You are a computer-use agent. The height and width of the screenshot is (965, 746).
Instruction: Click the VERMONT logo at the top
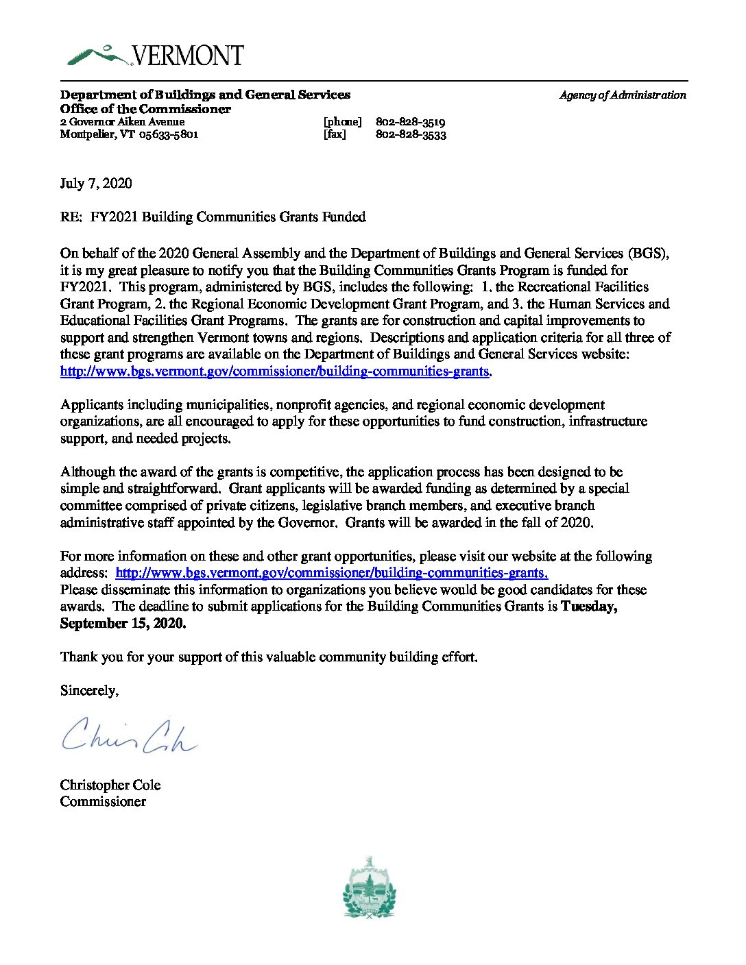pyautogui.click(x=156, y=56)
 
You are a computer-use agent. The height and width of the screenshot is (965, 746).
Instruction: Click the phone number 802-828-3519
pyautogui.click(x=411, y=122)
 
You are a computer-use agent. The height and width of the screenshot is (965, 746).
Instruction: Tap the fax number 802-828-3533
pyautogui.click(x=411, y=134)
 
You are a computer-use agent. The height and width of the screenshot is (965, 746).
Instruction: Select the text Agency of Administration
pyautogui.click(x=622, y=95)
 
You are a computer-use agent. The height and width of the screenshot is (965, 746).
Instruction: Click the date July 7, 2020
pyautogui.click(x=96, y=183)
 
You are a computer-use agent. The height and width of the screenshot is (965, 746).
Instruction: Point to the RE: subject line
pyautogui.click(x=213, y=217)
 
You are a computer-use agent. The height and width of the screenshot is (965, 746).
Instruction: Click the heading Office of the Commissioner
pyautogui.click(x=145, y=109)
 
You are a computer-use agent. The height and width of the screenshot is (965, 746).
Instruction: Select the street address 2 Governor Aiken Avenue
pyautogui.click(x=122, y=122)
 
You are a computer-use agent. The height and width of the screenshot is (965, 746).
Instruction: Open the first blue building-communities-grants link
pyautogui.click(x=274, y=371)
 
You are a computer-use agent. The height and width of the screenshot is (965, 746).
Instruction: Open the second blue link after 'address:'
pyautogui.click(x=331, y=573)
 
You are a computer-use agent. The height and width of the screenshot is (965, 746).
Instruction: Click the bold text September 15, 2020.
pyautogui.click(x=123, y=623)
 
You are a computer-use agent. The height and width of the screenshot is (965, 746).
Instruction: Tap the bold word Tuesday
pyautogui.click(x=588, y=607)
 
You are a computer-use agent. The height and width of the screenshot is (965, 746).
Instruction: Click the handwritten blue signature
pyautogui.click(x=129, y=734)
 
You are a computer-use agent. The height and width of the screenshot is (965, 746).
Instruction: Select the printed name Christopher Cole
pyautogui.click(x=110, y=785)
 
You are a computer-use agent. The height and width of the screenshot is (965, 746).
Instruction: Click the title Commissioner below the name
pyautogui.click(x=103, y=801)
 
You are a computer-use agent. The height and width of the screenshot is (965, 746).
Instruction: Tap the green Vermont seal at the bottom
pyautogui.click(x=370, y=888)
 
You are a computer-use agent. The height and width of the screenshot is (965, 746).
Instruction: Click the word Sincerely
pyautogui.click(x=89, y=690)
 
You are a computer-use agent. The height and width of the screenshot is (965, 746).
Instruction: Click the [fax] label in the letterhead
pyautogui.click(x=335, y=134)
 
